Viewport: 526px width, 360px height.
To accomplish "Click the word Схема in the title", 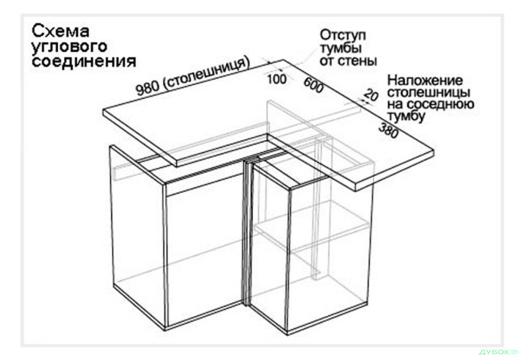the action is [61, 32].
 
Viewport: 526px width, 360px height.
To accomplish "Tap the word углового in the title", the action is [69, 47].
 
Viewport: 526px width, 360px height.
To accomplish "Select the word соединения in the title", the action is [84, 61].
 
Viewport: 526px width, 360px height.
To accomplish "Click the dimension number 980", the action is [148, 88].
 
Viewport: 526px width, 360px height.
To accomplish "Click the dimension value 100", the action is [277, 79].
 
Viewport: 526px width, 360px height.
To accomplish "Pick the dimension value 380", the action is [389, 130].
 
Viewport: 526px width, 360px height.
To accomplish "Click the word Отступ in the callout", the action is [343, 35].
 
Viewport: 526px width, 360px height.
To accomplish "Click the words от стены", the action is [348, 61].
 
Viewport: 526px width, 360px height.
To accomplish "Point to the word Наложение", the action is [425, 81].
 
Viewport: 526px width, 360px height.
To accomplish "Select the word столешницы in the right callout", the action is [429, 93].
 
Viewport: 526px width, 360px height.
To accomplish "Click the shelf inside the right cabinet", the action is [312, 231].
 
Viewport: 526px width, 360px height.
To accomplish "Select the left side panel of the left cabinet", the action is [137, 235].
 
